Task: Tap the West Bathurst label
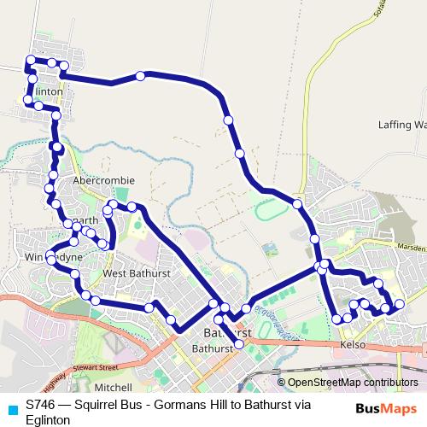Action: [137, 273]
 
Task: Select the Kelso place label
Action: [353, 344]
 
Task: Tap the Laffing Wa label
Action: [401, 125]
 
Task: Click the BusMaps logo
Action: [389, 409]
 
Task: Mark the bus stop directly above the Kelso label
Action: [348, 319]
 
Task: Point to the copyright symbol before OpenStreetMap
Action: [283, 383]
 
